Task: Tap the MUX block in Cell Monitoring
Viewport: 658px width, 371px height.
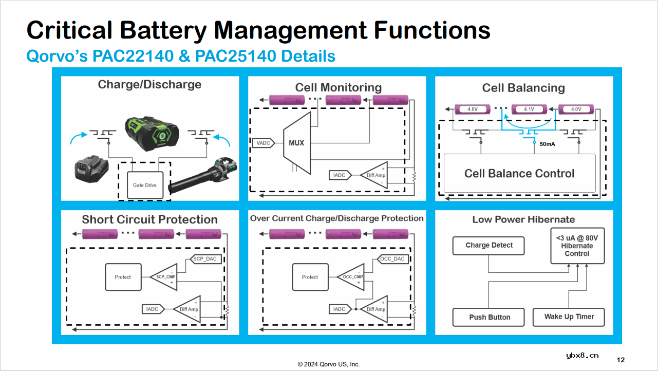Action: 296,143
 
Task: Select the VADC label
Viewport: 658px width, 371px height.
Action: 264,143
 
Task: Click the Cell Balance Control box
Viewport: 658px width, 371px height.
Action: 519,173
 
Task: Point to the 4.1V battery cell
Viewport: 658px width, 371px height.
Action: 529,109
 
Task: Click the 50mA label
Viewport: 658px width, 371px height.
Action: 547,144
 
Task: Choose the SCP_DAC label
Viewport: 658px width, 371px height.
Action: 206,259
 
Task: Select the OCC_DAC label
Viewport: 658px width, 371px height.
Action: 393,259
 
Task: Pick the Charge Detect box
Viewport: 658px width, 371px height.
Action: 488,246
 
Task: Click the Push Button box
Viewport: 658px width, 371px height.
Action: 488,317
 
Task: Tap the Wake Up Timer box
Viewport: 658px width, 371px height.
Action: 569,317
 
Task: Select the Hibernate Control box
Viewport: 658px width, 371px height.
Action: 576,246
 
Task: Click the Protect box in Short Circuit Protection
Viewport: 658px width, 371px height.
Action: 123,277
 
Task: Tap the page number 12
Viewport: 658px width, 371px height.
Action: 621,359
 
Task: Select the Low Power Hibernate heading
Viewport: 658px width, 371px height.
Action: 523,219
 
